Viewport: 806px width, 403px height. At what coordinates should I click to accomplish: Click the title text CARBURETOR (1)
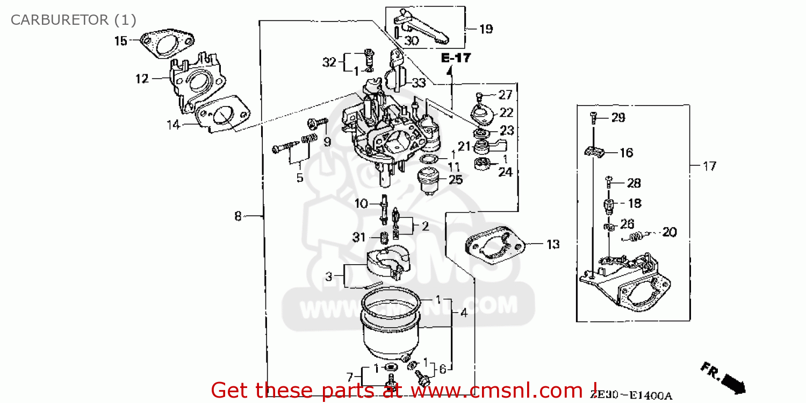click(74, 20)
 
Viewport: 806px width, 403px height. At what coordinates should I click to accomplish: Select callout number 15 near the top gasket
click(121, 40)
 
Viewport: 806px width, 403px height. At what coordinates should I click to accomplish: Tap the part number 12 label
click(141, 79)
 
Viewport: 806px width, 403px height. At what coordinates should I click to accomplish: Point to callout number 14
click(173, 125)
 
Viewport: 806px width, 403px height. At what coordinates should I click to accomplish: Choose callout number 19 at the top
click(486, 29)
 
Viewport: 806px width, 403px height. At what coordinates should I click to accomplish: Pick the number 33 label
click(419, 83)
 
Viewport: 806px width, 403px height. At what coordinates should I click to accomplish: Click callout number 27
click(506, 95)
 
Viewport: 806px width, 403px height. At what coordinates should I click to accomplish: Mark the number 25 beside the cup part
click(456, 180)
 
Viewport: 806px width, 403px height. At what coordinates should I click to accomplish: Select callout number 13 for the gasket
click(553, 244)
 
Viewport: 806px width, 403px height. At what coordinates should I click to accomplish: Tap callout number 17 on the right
click(709, 166)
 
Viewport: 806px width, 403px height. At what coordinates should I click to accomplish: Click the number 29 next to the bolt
click(618, 117)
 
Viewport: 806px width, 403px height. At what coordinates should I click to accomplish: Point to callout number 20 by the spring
click(669, 232)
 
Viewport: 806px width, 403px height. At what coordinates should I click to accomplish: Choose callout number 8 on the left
click(238, 216)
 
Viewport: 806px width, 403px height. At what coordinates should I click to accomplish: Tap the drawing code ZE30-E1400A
click(631, 396)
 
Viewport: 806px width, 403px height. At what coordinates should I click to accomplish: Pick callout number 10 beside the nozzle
click(361, 203)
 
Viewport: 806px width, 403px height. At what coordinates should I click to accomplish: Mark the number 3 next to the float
click(328, 277)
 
